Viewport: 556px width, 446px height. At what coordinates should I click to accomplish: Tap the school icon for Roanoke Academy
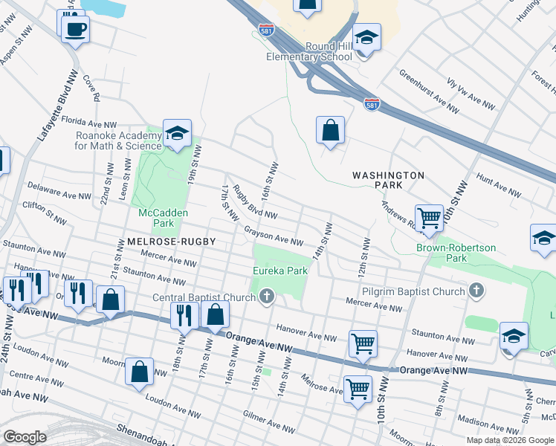(x=177, y=134)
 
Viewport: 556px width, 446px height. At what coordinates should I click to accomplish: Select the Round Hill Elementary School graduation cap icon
(x=366, y=38)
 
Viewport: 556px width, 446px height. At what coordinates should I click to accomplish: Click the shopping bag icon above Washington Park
(x=330, y=131)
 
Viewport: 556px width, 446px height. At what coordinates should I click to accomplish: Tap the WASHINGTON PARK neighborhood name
(x=388, y=181)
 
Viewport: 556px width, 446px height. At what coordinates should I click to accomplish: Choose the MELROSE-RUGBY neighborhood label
(x=161, y=242)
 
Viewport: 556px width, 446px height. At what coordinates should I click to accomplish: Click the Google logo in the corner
(x=25, y=436)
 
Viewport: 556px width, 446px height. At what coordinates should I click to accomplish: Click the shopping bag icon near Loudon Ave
(x=139, y=372)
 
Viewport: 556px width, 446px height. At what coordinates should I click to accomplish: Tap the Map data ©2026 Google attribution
(x=509, y=440)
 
